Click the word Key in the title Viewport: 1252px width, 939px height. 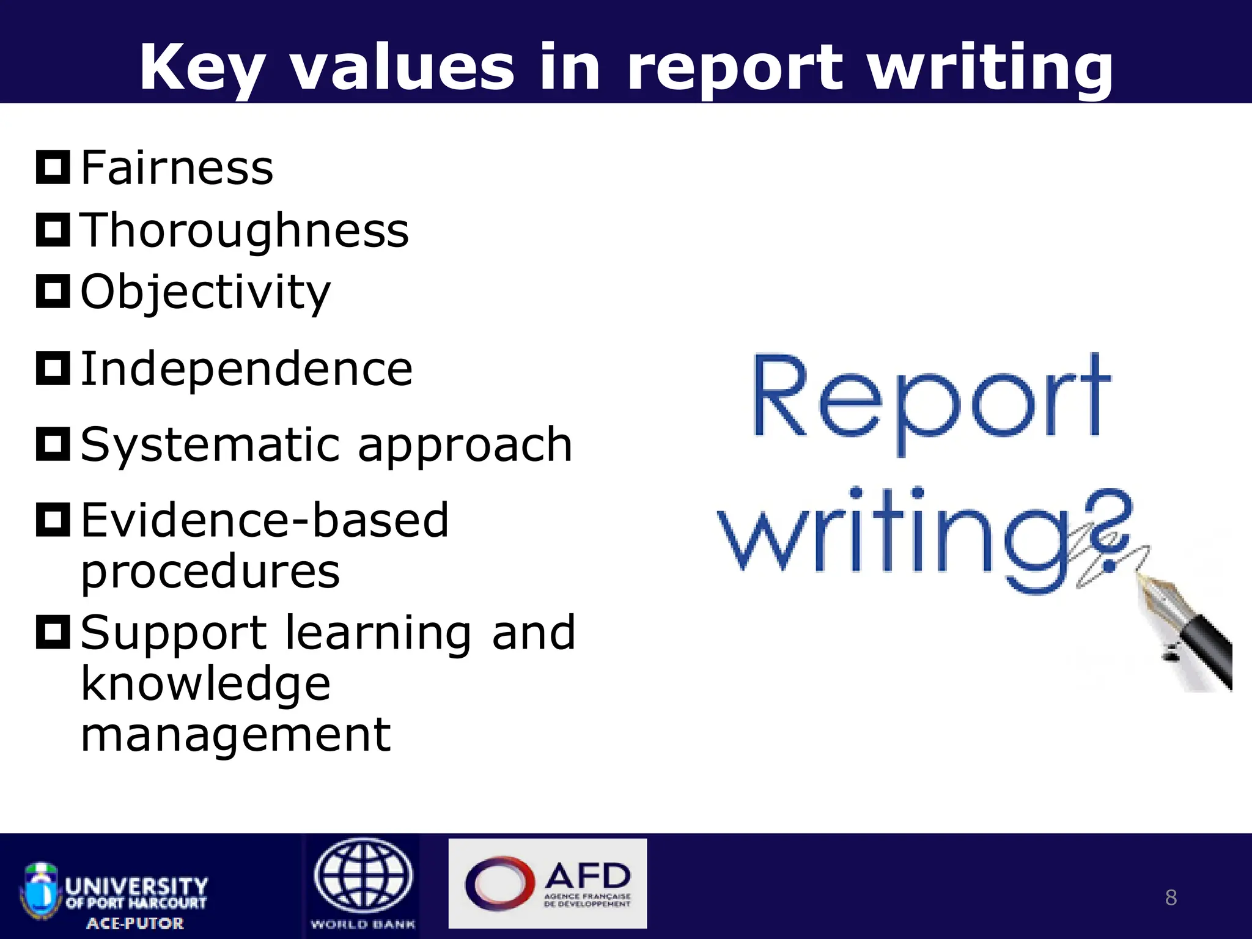pyautogui.click(x=202, y=68)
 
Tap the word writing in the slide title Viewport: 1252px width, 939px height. pyautogui.click(x=990, y=68)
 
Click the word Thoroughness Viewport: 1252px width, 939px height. pyautogui.click(x=245, y=230)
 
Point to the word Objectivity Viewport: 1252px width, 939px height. pyautogui.click(x=205, y=292)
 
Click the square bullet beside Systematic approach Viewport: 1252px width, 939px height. pyautogui.click(x=53, y=444)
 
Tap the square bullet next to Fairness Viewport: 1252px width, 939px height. pyautogui.click(x=53, y=167)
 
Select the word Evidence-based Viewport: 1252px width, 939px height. pyautogui.click(x=265, y=520)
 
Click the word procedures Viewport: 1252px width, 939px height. pyautogui.click(x=210, y=572)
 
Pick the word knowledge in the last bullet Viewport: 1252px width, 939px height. pyautogui.click(x=205, y=684)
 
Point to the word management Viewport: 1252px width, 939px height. pyautogui.click(x=235, y=735)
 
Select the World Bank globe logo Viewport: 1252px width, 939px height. pyautogui.click(x=363, y=875)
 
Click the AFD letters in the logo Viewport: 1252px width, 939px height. pyautogui.click(x=587, y=877)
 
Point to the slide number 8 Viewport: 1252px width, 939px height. pyautogui.click(x=1171, y=897)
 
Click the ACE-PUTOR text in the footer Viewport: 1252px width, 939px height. pyautogui.click(x=135, y=923)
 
